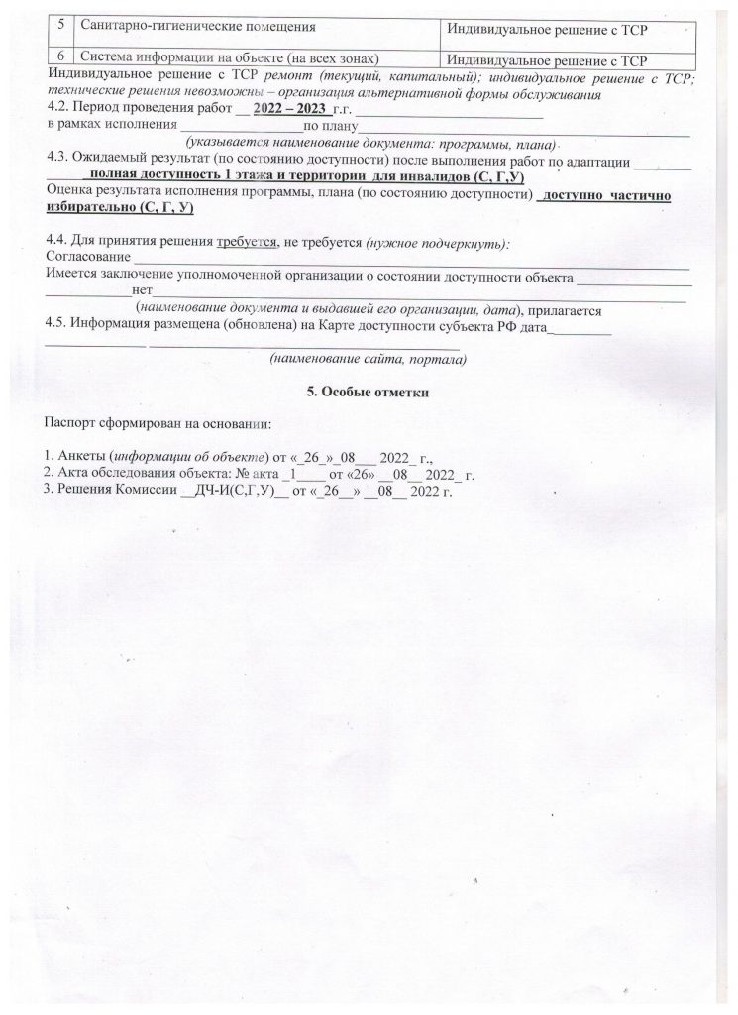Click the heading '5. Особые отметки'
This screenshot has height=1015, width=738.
(x=371, y=393)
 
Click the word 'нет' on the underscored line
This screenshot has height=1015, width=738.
(x=141, y=289)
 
